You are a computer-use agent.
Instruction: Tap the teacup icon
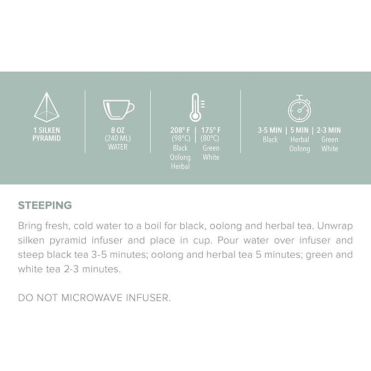click(x=119, y=109)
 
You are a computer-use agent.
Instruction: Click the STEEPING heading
click(x=45, y=205)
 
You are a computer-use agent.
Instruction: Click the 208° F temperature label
click(x=180, y=130)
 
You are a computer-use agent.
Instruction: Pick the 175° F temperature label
click(x=211, y=130)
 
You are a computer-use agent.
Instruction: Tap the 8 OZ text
click(x=118, y=130)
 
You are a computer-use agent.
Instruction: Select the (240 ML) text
click(x=118, y=139)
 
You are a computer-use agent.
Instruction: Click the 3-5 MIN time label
click(x=270, y=130)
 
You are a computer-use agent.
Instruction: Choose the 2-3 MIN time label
click(x=328, y=130)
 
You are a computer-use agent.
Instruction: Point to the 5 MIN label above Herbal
click(x=299, y=130)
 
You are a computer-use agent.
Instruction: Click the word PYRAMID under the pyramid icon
click(x=46, y=138)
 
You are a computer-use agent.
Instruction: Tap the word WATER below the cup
click(x=118, y=147)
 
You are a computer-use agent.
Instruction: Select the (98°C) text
click(x=181, y=139)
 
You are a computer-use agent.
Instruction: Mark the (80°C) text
click(x=210, y=139)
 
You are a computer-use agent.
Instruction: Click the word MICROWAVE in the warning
click(x=91, y=298)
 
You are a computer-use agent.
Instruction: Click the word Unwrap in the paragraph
click(x=335, y=226)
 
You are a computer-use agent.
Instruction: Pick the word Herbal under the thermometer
click(x=180, y=166)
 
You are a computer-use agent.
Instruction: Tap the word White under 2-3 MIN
click(x=329, y=149)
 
